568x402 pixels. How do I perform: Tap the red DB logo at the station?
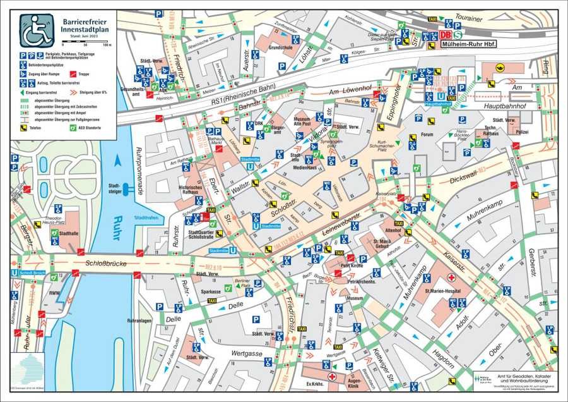pos(446,35)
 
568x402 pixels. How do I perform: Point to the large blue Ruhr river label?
pos(114,221)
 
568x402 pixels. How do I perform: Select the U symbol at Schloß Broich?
pos(14,272)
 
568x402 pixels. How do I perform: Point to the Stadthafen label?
pos(146,216)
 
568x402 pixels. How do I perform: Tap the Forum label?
pos(428,134)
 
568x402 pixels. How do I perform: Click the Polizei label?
pos(522,132)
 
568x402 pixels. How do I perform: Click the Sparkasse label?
pos(211,291)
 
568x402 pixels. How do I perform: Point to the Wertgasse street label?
pos(246,354)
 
